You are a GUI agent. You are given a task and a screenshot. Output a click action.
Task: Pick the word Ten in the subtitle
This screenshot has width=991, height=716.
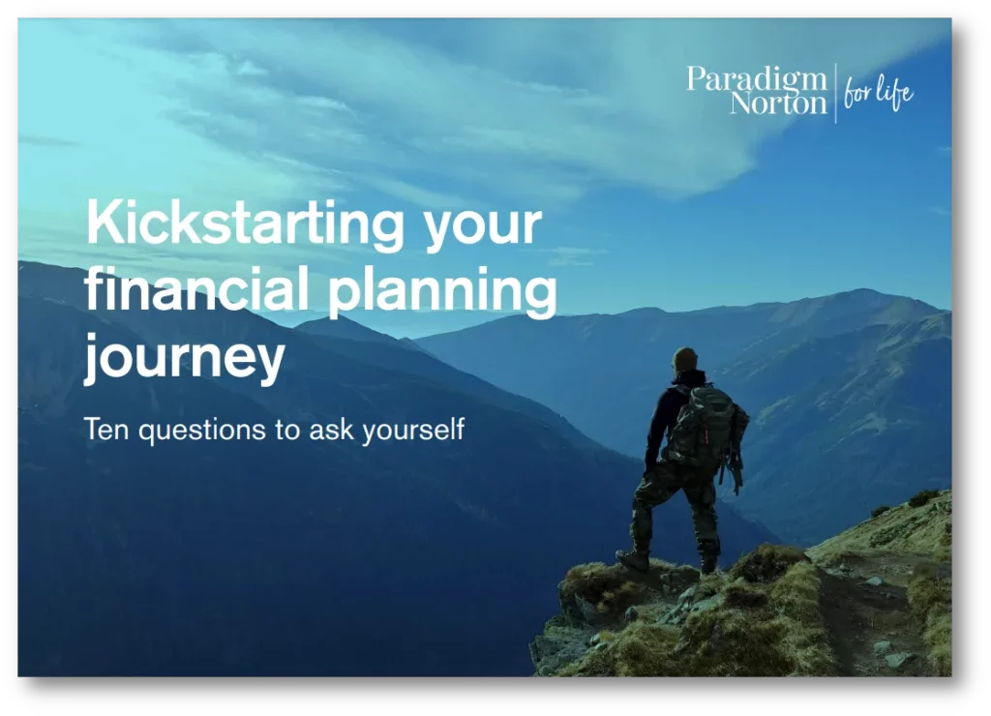(x=106, y=429)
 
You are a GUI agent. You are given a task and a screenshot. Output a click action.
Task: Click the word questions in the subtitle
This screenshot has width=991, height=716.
(x=202, y=431)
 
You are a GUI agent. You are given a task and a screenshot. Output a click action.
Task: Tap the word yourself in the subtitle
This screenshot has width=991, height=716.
(x=413, y=430)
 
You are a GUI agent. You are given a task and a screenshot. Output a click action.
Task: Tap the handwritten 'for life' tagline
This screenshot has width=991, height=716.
(x=879, y=94)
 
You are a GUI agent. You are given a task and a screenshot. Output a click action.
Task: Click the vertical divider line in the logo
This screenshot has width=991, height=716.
(x=835, y=93)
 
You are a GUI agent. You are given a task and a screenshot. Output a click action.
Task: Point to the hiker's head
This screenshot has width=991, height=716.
(x=685, y=360)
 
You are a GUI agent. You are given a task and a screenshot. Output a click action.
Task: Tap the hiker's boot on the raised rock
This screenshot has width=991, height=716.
(x=633, y=559)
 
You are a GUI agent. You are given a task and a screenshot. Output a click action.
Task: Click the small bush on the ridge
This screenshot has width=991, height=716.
(x=922, y=498)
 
